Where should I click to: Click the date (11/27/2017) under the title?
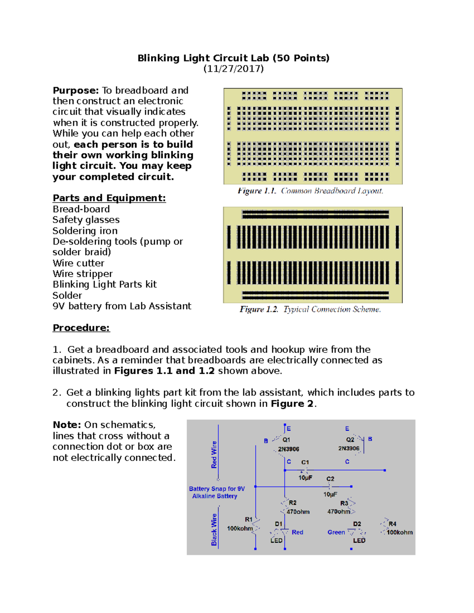click(x=233, y=69)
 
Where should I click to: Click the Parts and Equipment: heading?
click(x=109, y=198)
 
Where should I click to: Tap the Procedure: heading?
click(x=81, y=328)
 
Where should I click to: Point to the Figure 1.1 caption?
click(x=310, y=191)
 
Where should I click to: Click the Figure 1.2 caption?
click(x=310, y=309)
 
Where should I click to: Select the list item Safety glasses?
click(x=86, y=220)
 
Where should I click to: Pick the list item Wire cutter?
click(x=78, y=263)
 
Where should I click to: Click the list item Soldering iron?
click(x=85, y=231)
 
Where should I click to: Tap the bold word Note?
click(x=67, y=425)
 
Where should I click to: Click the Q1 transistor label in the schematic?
click(x=286, y=440)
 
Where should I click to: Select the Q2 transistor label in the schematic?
click(x=350, y=439)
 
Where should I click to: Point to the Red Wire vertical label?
click(x=214, y=455)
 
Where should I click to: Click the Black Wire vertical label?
click(x=214, y=530)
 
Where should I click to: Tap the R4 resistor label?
click(x=392, y=524)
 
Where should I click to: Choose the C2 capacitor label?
click(x=330, y=479)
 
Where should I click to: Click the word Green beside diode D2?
click(x=336, y=532)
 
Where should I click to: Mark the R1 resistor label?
click(x=248, y=519)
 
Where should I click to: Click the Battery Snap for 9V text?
click(x=217, y=489)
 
